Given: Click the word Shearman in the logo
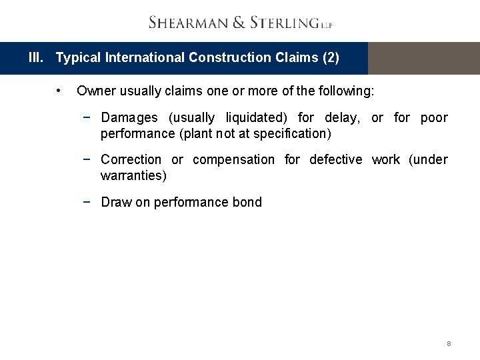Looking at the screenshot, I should [x=188, y=23].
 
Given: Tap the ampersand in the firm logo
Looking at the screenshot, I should [x=239, y=23].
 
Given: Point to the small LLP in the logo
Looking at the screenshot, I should [x=327, y=25].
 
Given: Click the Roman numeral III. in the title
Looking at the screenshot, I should [x=37, y=58].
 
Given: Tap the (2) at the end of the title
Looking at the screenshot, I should [x=331, y=58].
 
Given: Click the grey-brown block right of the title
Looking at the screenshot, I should [x=423, y=58].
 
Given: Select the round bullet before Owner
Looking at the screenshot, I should [x=59, y=90].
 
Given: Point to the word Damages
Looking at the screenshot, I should [x=129, y=118].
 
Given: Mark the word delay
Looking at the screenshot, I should [x=340, y=118].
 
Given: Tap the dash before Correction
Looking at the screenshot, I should [x=87, y=160].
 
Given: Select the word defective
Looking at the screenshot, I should [x=335, y=160].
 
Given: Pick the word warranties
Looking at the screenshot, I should [x=133, y=175].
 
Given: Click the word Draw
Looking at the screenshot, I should [x=116, y=203].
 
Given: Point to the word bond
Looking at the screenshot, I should [x=247, y=203].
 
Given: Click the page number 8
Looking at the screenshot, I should [x=449, y=344].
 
